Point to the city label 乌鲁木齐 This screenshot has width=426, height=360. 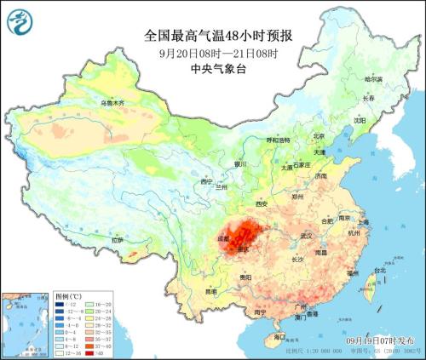click(112, 103)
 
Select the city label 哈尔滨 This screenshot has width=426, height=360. click(374, 79)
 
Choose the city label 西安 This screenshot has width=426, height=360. click(262, 204)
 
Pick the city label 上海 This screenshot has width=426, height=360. click(363, 222)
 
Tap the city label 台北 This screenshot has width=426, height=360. click(368, 271)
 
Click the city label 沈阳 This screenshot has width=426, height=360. click(359, 120)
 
